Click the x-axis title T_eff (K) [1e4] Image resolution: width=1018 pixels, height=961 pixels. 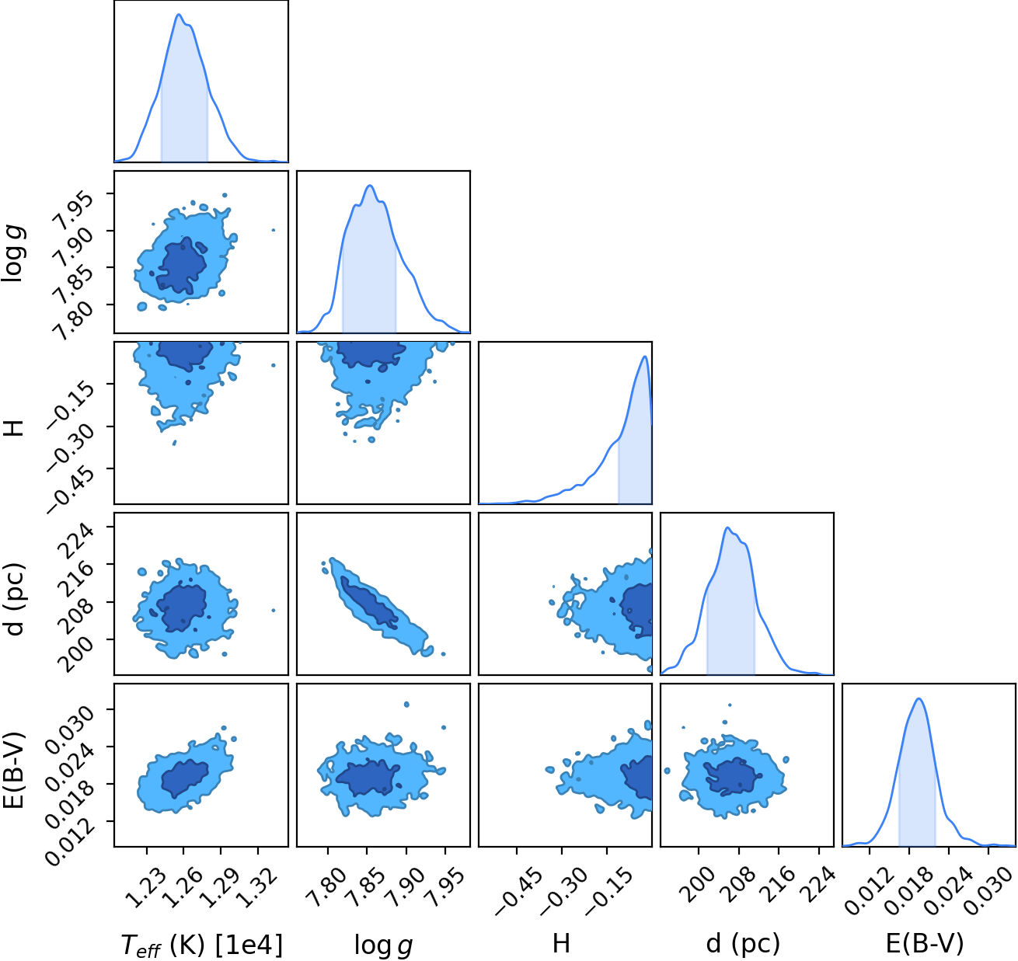(x=201, y=944)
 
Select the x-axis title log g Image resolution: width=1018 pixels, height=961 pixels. (x=383, y=944)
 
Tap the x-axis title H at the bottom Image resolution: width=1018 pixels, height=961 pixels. (x=561, y=942)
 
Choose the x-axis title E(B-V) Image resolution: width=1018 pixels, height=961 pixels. (x=925, y=943)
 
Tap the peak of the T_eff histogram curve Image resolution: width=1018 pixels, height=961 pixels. (x=179, y=14)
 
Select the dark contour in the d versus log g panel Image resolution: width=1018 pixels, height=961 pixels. (x=369, y=604)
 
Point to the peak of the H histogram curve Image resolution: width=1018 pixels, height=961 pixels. (x=645, y=357)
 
